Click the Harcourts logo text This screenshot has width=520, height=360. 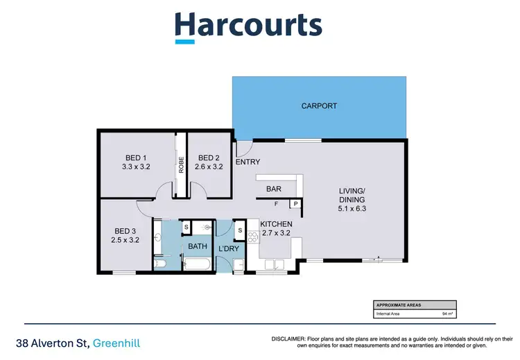pyautogui.click(x=248, y=26)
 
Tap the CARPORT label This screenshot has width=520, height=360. pyautogui.click(x=319, y=106)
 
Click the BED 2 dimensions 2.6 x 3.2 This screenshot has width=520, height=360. pyautogui.click(x=209, y=167)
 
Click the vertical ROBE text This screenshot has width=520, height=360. pyautogui.click(x=181, y=164)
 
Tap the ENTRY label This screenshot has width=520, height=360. pyautogui.click(x=248, y=162)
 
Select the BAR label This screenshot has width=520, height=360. pyautogui.click(x=273, y=188)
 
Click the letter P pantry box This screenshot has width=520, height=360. pyautogui.click(x=295, y=204)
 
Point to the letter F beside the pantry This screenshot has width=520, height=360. pyautogui.click(x=276, y=204)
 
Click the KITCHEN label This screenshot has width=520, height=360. pyautogui.click(x=276, y=224)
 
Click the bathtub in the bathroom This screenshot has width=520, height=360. pyautogui.click(x=198, y=263)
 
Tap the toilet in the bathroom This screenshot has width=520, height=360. pyautogui.click(x=206, y=227)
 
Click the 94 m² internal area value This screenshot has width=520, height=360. pyautogui.click(x=447, y=314)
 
